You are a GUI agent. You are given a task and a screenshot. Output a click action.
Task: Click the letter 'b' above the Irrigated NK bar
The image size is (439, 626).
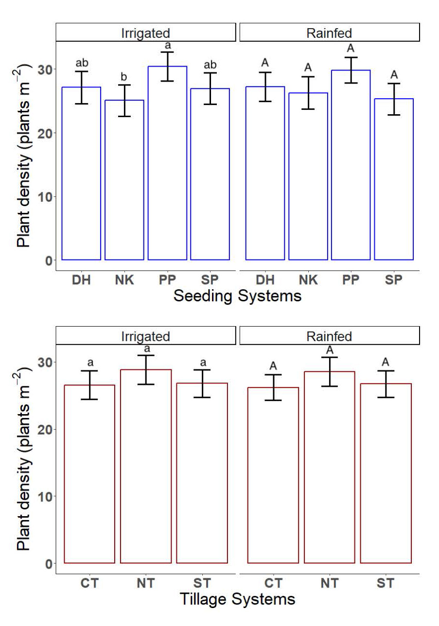pyautogui.click(x=124, y=77)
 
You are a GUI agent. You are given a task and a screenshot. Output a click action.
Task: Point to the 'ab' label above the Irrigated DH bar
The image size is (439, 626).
pyautogui.click(x=81, y=63)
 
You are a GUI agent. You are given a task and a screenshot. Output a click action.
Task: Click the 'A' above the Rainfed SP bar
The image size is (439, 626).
pyautogui.click(x=394, y=75)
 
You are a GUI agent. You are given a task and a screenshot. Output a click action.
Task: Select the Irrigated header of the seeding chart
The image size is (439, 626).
pyautogui.click(x=145, y=34)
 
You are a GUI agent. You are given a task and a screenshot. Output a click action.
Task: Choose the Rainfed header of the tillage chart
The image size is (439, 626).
pyautogui.click(x=329, y=336)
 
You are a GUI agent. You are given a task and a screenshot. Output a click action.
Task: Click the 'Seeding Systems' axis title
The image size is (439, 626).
pyautogui.click(x=237, y=296)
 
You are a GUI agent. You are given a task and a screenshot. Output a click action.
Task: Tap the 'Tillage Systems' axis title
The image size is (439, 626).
pyautogui.click(x=237, y=599)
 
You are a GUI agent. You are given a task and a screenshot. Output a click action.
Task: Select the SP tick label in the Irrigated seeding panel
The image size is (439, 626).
pyautogui.click(x=210, y=280)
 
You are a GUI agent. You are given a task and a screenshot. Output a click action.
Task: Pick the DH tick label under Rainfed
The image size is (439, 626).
pyautogui.click(x=265, y=280)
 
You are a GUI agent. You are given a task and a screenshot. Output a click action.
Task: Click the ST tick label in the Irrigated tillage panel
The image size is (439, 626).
pyautogui.click(x=202, y=583)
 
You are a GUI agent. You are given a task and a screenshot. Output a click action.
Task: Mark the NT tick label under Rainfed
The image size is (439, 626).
pyautogui.click(x=329, y=583)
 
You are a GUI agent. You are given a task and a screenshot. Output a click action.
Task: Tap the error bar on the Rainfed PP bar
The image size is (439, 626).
pyautogui.click(x=351, y=70)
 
